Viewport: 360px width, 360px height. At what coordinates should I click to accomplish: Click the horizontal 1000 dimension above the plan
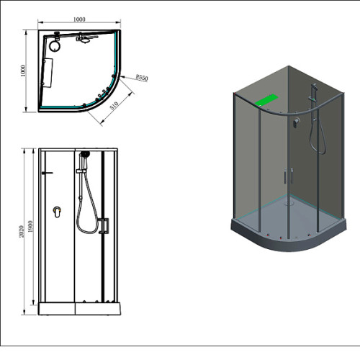coord(79,19)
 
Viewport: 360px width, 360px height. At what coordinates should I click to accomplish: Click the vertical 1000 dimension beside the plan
coord(23,71)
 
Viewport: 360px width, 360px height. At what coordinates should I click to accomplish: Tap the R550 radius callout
coord(142,78)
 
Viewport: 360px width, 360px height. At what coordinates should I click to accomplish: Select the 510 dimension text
coord(114,106)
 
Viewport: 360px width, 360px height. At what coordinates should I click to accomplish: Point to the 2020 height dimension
coord(22,231)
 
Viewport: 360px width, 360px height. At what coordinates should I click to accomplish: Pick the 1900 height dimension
coord(30,226)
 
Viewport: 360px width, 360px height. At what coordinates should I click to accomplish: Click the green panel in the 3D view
coord(266,100)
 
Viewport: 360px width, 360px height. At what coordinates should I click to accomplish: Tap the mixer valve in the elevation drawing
coord(57,212)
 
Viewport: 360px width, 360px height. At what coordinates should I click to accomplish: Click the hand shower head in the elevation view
coord(85,153)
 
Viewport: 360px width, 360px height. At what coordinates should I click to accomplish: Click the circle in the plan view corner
coord(55,45)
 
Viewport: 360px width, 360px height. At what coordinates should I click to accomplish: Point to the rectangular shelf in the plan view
coord(48,73)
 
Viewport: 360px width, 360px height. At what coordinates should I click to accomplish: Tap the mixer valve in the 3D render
coord(297,122)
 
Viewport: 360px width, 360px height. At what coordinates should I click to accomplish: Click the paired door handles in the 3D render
coord(288,176)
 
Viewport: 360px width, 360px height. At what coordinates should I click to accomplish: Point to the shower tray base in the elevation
coord(79,309)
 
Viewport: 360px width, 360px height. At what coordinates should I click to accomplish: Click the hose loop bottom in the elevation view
coord(88,233)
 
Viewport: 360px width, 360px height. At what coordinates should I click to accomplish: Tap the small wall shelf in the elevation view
coord(47,173)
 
